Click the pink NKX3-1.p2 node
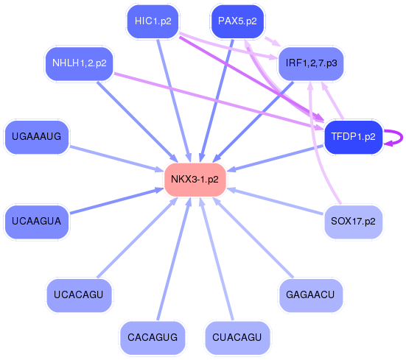tap(195, 180)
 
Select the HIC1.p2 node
tap(153, 21)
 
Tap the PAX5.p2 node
tap(237, 21)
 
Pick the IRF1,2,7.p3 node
tap(311, 63)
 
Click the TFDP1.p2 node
tap(354, 137)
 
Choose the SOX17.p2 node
tap(353, 221)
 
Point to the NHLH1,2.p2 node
tap(80, 63)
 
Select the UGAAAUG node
tap(37, 136)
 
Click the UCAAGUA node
tap(37, 221)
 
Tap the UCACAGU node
tap(80, 295)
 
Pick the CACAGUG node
tap(153, 337)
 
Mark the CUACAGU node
tap(237, 337)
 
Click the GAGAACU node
tap(311, 295)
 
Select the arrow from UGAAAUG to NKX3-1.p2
tap(118, 159)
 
